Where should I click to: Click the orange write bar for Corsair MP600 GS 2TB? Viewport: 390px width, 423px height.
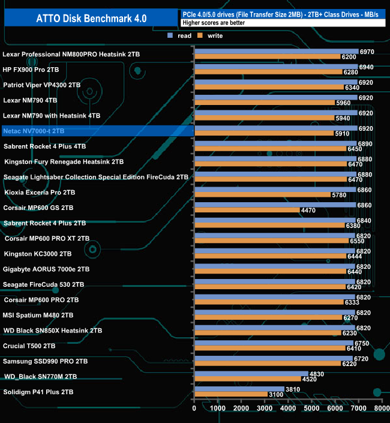click(247, 210)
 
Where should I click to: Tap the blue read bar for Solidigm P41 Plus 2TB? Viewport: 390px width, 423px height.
click(239, 389)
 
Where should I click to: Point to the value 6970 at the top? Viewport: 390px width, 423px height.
click(367, 52)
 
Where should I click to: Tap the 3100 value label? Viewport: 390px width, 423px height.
click(276, 394)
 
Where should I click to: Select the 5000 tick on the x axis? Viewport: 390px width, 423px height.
click(311, 409)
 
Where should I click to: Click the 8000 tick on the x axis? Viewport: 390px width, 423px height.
click(381, 409)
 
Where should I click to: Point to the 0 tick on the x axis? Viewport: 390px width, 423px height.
click(194, 409)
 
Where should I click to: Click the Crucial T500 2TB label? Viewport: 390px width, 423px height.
click(29, 346)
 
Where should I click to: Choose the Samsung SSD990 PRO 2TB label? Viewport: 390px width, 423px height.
click(46, 362)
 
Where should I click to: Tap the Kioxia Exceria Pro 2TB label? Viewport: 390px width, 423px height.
click(40, 193)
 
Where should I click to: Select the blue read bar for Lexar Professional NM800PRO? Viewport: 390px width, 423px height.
click(276, 52)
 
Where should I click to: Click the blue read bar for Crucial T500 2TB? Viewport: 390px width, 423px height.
click(274, 343)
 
